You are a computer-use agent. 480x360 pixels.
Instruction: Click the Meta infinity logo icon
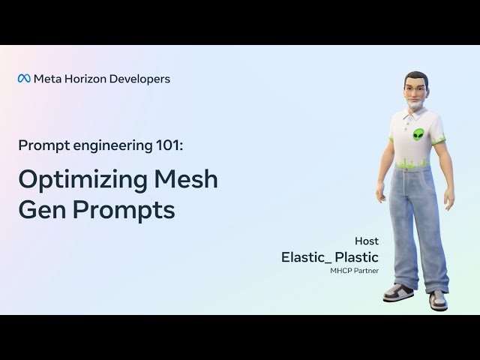click(24, 79)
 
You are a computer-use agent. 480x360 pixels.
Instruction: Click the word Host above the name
click(367, 241)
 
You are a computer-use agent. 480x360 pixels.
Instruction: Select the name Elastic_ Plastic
click(330, 257)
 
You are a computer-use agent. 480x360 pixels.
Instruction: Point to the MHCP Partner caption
click(355, 271)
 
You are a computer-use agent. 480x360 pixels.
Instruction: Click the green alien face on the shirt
click(418, 136)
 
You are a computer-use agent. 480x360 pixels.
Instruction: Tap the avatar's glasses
click(415, 90)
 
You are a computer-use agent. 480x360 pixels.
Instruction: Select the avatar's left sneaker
click(438, 300)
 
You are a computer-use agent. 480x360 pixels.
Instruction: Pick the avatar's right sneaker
click(397, 292)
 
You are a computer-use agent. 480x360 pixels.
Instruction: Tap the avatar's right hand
click(381, 196)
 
